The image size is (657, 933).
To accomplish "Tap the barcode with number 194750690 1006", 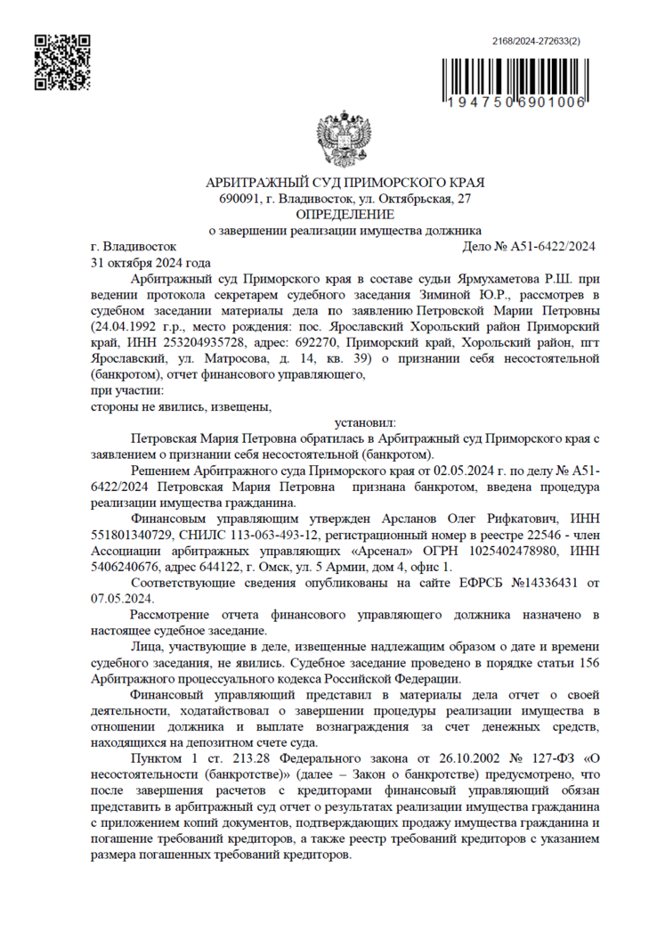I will [x=515, y=86].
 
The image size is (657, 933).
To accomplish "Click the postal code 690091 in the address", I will [x=237, y=200].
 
